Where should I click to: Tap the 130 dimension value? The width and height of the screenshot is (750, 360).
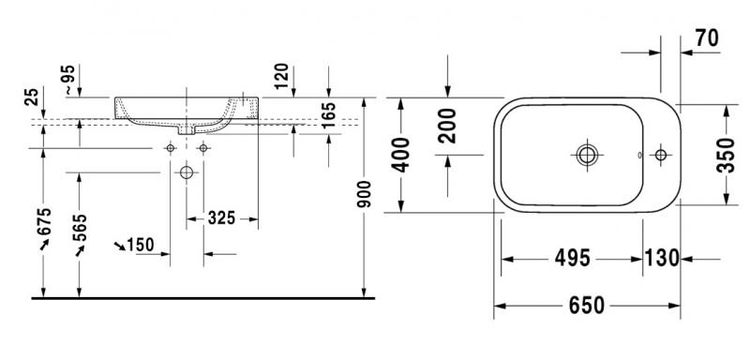662,258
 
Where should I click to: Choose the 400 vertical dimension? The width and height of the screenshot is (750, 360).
401,155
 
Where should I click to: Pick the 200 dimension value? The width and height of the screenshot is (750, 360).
448,127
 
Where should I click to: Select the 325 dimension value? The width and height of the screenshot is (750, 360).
221,218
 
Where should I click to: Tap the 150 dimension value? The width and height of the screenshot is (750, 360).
139,245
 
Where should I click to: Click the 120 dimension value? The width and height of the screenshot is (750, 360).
280,75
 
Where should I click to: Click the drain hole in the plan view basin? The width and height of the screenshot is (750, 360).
588,154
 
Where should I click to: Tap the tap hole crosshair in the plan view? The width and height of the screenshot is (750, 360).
662,154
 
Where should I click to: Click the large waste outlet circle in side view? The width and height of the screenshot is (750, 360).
187,172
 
